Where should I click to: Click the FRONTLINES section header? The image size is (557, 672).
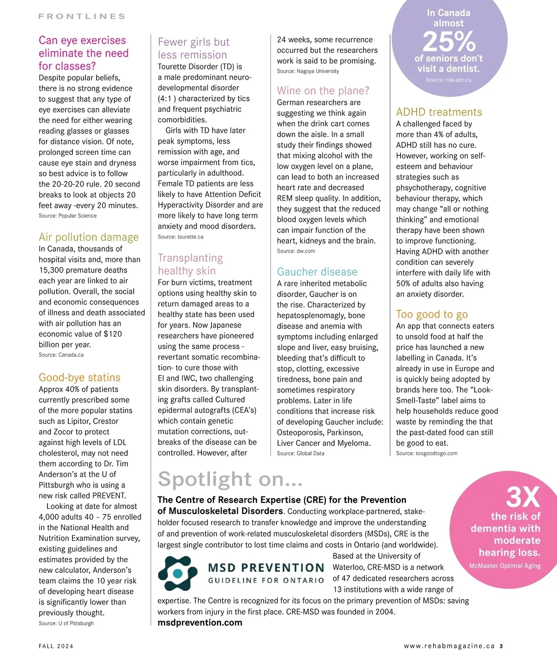(82, 16)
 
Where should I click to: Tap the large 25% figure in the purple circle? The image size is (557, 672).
(449, 42)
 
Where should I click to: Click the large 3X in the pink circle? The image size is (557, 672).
(523, 497)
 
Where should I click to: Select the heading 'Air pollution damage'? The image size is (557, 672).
(89, 237)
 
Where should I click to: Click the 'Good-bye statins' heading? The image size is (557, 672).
(79, 378)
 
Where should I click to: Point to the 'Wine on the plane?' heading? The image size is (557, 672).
(323, 90)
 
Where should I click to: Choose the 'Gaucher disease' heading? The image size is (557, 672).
(317, 272)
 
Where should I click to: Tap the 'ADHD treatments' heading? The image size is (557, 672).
(439, 112)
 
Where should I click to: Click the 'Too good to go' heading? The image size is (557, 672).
(432, 314)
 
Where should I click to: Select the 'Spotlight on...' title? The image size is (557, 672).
(230, 479)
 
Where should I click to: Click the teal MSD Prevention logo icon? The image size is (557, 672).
(177, 573)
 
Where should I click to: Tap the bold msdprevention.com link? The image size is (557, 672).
(200, 622)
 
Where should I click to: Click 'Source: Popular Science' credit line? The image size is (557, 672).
(68, 216)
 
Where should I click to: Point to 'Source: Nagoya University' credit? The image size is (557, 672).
(308, 71)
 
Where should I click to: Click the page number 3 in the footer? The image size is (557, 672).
(501, 646)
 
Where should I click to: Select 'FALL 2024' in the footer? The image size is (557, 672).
(56, 646)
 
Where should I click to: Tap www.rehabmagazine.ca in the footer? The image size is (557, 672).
(449, 646)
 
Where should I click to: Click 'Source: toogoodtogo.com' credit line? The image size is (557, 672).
(427, 453)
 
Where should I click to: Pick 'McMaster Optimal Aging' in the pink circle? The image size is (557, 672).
(505, 566)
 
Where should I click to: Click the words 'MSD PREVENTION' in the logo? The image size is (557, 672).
(266, 568)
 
